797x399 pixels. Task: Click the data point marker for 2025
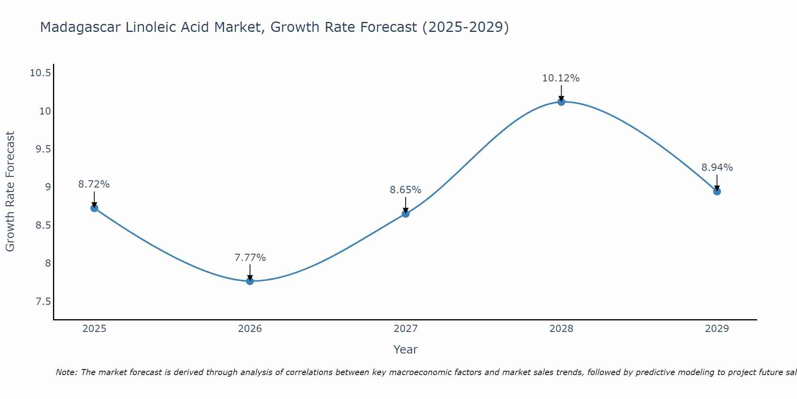tap(94, 208)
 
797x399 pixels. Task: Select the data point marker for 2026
tap(250, 281)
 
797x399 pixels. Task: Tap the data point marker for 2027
tap(406, 213)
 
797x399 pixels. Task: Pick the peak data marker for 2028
tap(561, 102)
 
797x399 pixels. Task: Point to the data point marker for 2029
tap(717, 192)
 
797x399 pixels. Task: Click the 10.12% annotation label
tap(561, 78)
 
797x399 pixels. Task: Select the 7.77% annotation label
tap(250, 258)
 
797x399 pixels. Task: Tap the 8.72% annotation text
tap(94, 184)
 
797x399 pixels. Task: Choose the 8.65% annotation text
tap(405, 190)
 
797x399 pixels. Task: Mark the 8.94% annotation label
tap(717, 168)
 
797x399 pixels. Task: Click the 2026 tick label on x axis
tap(250, 329)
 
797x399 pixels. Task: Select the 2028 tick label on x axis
tap(561, 329)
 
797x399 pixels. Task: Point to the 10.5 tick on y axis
tap(41, 73)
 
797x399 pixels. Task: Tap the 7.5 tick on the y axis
tap(43, 301)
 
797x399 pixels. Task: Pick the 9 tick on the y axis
tap(48, 187)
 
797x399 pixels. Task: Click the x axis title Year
tap(405, 350)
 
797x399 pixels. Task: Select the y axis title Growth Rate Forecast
tap(10, 191)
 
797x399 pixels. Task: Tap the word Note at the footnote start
tap(66, 372)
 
